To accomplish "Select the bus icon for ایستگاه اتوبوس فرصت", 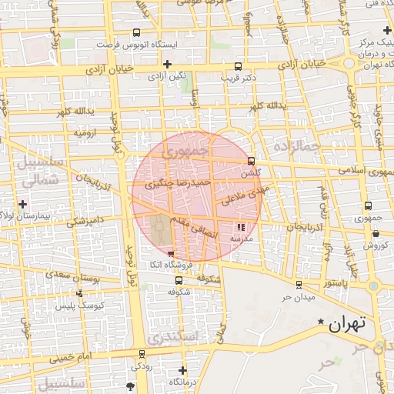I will [x=136, y=32].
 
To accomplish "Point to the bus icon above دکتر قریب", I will [x=238, y=66].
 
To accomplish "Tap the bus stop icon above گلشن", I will [x=252, y=161].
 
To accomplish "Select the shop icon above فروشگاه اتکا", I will [x=171, y=254].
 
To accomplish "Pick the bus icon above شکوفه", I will [x=179, y=281].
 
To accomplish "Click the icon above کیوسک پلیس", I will [x=79, y=293].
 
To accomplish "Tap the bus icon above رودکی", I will [x=142, y=355].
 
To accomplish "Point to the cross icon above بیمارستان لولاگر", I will [x=23, y=205].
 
